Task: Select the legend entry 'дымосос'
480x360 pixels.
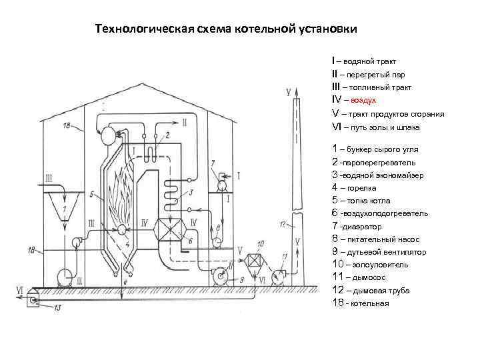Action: tap(364, 277)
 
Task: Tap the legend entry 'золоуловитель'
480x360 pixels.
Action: tap(370, 265)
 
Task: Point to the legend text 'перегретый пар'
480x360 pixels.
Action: tap(375, 74)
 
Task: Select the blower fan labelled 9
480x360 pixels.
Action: tap(218, 274)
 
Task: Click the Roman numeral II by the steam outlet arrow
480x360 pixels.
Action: tap(185, 123)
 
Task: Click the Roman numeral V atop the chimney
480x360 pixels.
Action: tap(288, 91)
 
